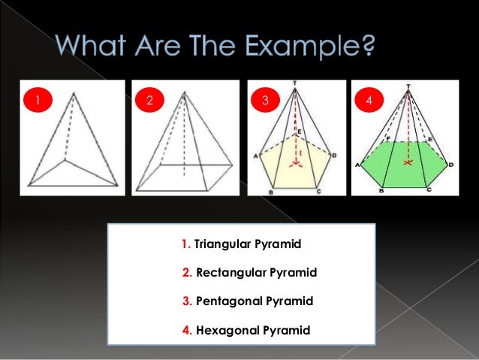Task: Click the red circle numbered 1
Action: (30, 98)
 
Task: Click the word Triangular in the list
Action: (222, 245)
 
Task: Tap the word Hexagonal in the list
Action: (222, 330)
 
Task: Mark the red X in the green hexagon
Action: (408, 162)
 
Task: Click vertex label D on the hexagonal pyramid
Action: (450, 164)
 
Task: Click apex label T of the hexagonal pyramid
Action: (408, 86)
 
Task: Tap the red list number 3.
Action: (187, 301)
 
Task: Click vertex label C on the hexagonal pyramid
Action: (429, 189)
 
